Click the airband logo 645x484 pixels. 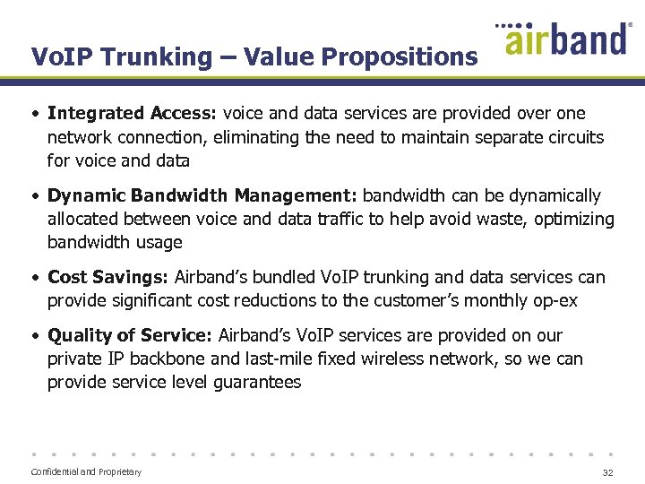(x=567, y=39)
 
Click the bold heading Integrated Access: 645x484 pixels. (x=133, y=114)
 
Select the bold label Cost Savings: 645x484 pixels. (x=108, y=278)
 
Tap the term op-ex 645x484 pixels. (x=555, y=301)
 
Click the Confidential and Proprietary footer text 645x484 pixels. (x=86, y=472)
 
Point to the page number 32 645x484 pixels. (x=607, y=472)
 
